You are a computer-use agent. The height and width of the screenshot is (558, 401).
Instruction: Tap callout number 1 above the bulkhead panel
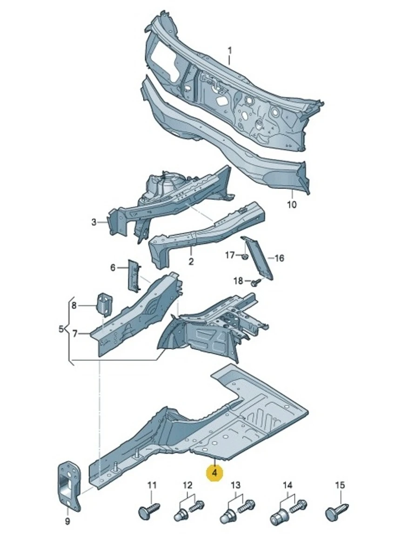click(229, 51)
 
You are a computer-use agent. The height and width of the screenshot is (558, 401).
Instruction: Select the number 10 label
click(292, 205)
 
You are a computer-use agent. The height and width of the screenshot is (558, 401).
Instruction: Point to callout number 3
click(94, 222)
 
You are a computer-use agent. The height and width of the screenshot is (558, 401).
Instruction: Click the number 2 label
click(191, 261)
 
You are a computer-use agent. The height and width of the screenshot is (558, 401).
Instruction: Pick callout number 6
click(113, 268)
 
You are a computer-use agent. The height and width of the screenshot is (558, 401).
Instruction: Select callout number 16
click(279, 258)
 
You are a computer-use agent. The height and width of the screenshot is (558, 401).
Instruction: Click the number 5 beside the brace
click(61, 329)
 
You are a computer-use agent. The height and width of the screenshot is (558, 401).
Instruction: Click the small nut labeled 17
click(245, 256)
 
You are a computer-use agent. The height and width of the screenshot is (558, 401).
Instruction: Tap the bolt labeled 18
click(256, 282)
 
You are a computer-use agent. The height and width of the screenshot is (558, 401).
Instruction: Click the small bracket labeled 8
click(104, 305)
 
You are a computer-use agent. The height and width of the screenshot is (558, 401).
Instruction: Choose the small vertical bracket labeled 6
click(134, 275)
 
